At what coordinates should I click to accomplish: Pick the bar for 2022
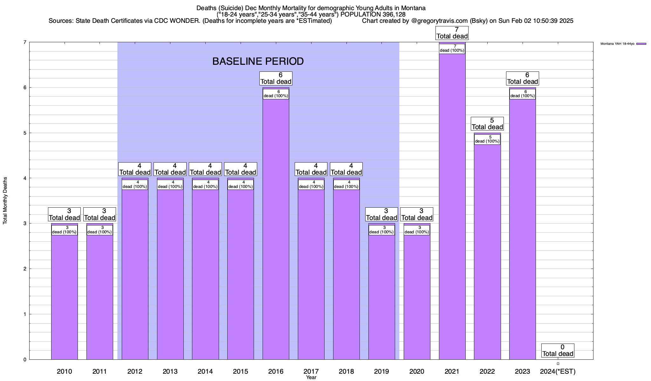point(487,254)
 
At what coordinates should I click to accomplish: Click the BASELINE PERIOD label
point(258,61)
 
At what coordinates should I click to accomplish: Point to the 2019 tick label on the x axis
point(381,371)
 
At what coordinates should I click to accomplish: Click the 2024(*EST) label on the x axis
point(558,371)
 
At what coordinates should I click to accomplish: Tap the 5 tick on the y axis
point(24,133)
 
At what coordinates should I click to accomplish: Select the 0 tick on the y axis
point(24,360)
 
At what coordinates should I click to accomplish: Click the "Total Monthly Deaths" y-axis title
point(5,201)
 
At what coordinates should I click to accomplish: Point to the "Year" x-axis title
point(311,378)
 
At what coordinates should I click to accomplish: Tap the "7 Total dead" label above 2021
point(452,33)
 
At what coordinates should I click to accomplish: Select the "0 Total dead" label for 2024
point(558,351)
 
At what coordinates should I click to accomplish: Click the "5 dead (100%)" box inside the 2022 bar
point(487,139)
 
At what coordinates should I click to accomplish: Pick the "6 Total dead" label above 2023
point(523,78)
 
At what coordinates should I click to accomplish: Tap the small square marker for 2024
point(558,364)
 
